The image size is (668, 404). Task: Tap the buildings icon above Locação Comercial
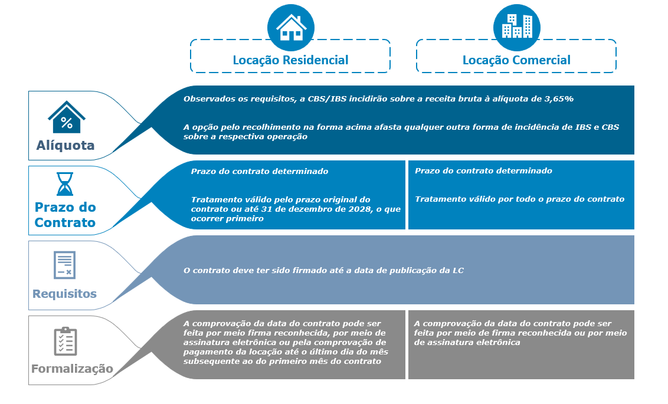pyautogui.click(x=516, y=27)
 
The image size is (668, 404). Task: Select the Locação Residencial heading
pyautogui.click(x=290, y=60)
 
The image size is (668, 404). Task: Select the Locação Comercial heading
pyautogui.click(x=516, y=60)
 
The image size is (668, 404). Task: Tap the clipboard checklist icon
pyautogui.click(x=66, y=341)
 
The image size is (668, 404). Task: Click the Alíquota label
pyautogui.click(x=66, y=146)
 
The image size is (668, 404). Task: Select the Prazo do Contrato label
pyautogui.click(x=65, y=215)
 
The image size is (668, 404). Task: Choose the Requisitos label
pyautogui.click(x=64, y=294)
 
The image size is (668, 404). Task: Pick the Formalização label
pyautogui.click(x=72, y=369)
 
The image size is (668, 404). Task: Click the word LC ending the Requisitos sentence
pyautogui.click(x=458, y=271)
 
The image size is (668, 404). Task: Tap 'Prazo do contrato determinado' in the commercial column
pyautogui.click(x=483, y=171)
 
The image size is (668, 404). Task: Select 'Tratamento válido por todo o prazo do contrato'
pyautogui.click(x=519, y=199)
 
